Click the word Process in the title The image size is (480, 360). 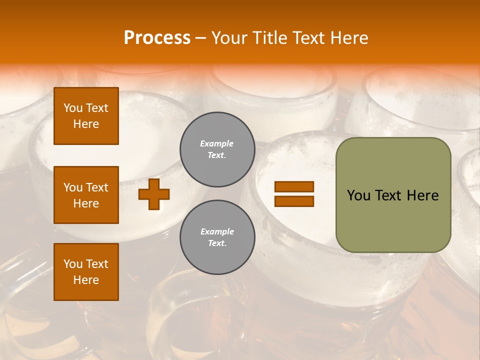(157, 38)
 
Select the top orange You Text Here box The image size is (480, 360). (86, 116)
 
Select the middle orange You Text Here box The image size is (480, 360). (86, 195)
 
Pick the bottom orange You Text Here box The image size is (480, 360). (86, 272)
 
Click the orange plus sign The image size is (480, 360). (153, 194)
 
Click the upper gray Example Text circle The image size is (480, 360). (217, 149)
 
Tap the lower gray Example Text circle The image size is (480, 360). (217, 237)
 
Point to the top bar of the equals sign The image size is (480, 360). (294, 187)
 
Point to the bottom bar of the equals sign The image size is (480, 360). (294, 201)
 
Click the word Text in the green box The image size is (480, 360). (389, 195)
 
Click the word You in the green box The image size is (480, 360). (358, 195)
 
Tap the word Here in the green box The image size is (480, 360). (423, 195)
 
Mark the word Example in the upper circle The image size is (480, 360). (217, 143)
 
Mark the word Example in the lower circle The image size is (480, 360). (217, 231)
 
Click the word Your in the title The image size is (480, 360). (229, 38)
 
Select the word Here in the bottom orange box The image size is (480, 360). (86, 280)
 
